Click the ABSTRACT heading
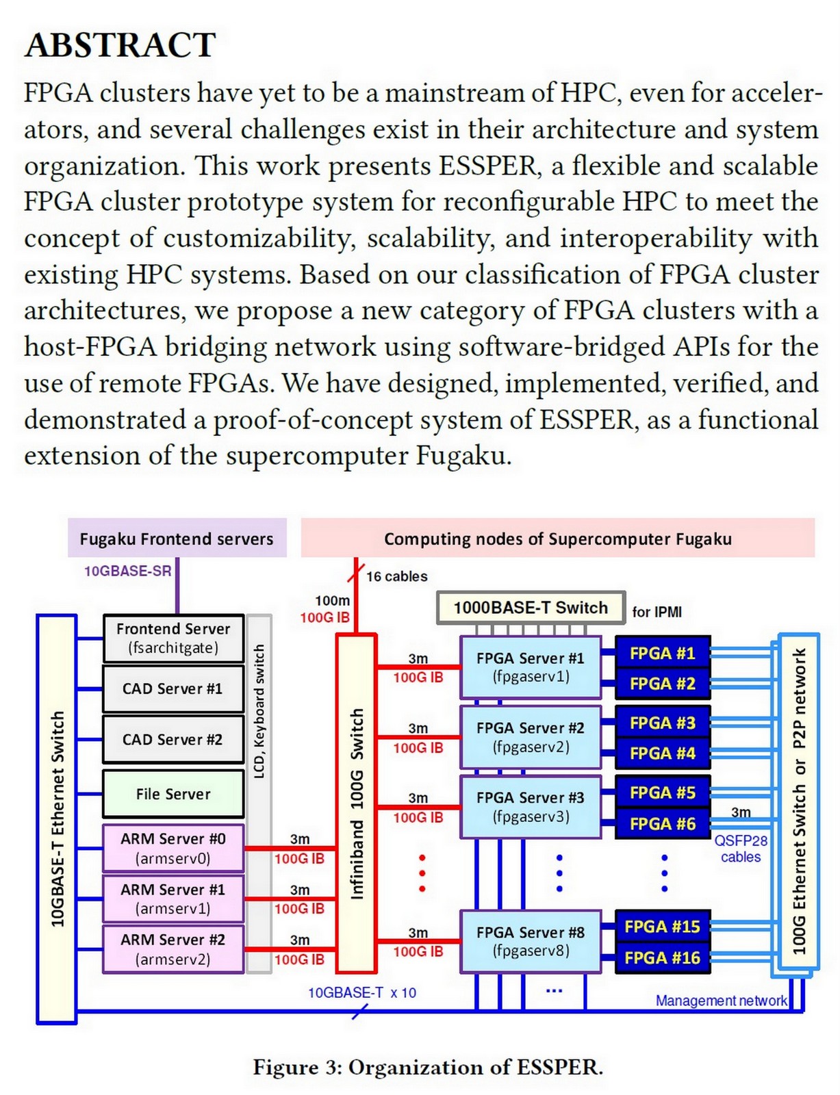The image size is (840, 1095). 120,46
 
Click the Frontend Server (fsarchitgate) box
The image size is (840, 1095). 173,638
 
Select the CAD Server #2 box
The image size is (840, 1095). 173,739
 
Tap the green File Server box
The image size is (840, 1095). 173,794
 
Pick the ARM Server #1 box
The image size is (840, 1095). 173,898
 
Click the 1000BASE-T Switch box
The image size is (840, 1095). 531,608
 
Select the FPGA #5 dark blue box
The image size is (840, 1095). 663,793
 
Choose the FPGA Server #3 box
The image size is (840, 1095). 531,806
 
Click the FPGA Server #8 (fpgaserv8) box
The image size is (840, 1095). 531,941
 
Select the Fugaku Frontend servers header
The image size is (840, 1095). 177,539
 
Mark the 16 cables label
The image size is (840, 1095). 396,576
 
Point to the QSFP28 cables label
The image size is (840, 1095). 741,849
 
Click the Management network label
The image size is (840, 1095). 721,1001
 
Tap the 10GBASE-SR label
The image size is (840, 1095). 127,571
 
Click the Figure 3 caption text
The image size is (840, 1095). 428,1068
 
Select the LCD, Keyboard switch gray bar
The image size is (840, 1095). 259,794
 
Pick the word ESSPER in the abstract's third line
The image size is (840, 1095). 487,166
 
